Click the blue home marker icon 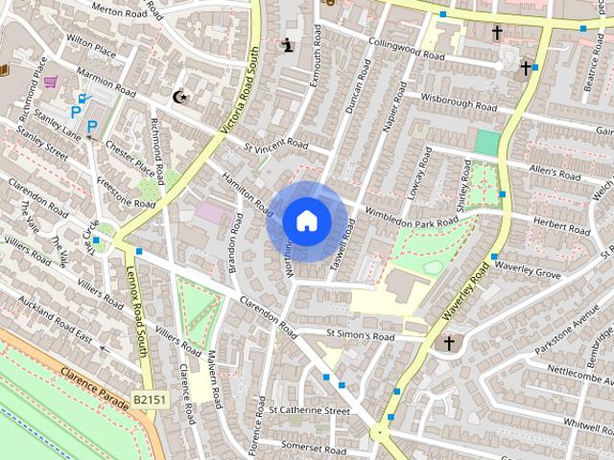point(307,220)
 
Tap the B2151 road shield point(150,400)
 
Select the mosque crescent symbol point(179,96)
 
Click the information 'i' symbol point(288,44)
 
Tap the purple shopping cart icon point(50,81)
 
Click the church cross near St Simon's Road point(448,343)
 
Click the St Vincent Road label point(275,147)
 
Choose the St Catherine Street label point(309,410)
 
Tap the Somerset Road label point(313,448)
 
